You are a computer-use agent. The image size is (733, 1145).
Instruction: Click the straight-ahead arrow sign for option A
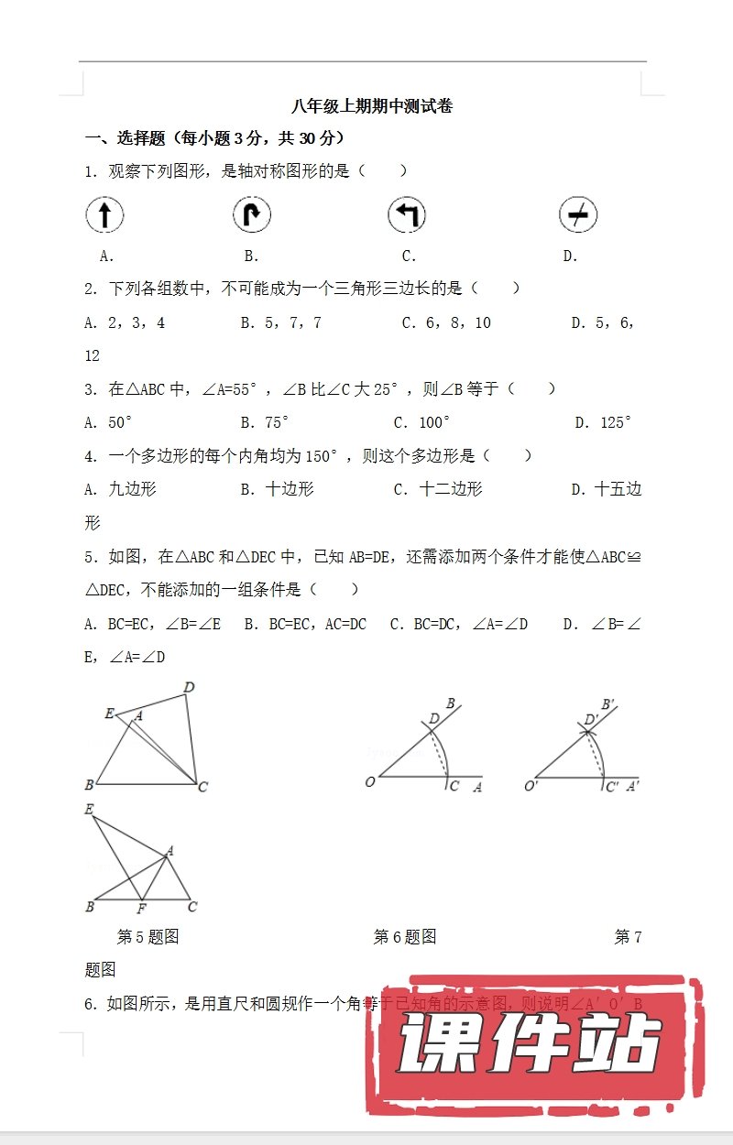click(104, 216)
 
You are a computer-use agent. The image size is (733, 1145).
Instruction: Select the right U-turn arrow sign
click(252, 216)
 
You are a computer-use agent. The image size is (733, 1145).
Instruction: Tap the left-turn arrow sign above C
click(407, 216)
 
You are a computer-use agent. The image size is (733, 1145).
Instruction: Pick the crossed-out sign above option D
click(578, 216)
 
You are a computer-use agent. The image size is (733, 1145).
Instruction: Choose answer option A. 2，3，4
click(125, 322)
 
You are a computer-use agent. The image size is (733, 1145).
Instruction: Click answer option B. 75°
click(265, 422)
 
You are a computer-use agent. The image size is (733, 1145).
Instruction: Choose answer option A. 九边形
click(120, 489)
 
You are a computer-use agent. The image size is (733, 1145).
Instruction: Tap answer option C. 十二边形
click(438, 489)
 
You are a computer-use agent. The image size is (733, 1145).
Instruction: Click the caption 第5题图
click(148, 937)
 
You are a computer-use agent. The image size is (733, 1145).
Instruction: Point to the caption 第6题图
click(405, 937)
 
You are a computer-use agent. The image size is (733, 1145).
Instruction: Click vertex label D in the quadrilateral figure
click(189, 688)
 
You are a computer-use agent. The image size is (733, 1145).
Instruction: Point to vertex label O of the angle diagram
click(370, 782)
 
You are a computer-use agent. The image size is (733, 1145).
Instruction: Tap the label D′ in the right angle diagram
click(591, 720)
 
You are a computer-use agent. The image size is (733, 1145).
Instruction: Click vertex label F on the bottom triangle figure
click(141, 909)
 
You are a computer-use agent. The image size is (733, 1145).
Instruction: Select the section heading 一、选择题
click(124, 139)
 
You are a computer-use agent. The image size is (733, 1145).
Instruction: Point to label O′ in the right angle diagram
click(531, 786)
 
